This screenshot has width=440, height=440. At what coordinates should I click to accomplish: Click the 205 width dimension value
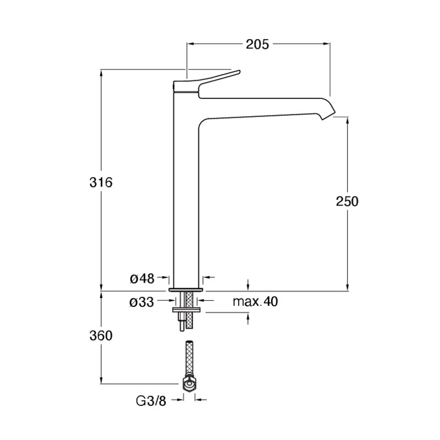coord(257,45)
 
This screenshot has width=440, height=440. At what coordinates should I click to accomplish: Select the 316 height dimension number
coord(101,183)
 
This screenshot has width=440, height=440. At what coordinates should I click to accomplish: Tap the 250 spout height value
coord(347,201)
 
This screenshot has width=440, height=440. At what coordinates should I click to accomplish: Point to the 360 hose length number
coord(101,335)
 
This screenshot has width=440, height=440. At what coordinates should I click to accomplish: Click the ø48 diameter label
coord(142,279)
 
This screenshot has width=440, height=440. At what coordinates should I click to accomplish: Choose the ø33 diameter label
coord(142,302)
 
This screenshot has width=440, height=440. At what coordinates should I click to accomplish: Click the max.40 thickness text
coord(255,301)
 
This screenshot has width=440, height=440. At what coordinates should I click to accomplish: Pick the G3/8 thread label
coord(151,402)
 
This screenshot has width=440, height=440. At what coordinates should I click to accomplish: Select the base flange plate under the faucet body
coord(185,290)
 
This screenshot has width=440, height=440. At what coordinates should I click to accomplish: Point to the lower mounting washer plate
coord(186,310)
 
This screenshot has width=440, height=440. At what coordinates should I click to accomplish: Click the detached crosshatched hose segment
coord(189,359)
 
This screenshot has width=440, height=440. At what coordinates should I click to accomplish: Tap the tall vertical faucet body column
coord(186,191)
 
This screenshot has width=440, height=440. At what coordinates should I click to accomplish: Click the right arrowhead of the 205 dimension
coord(327,44)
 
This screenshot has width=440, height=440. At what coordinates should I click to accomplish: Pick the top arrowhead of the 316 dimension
coord(101,73)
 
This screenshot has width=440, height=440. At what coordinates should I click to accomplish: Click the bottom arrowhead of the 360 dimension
coord(101,380)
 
